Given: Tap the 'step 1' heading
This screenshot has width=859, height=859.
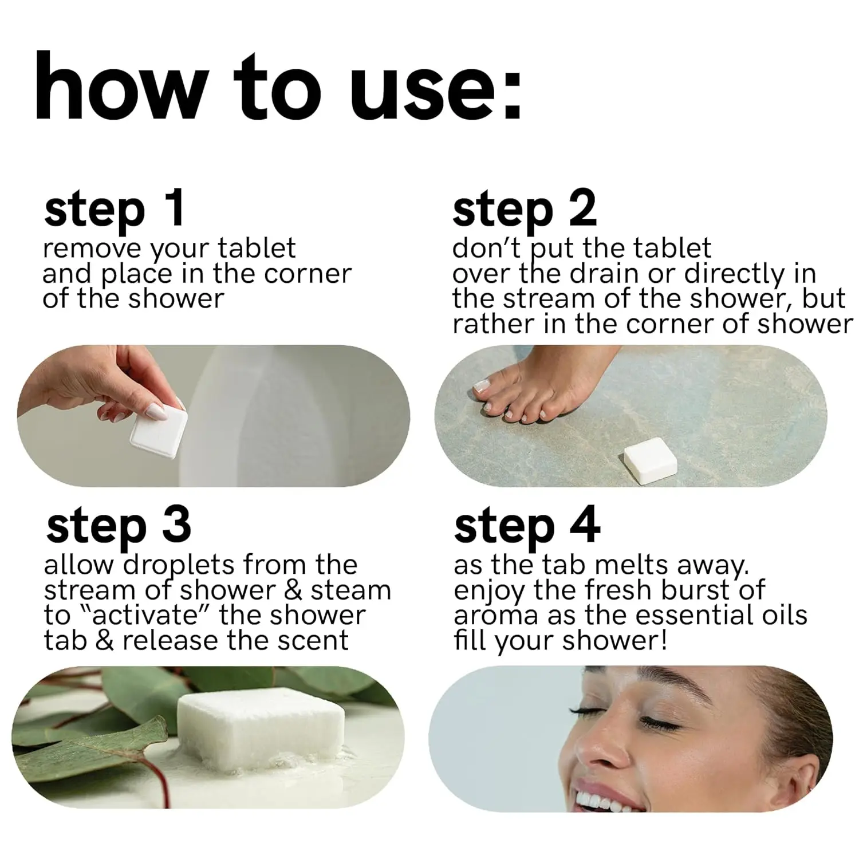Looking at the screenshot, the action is (x=115, y=210).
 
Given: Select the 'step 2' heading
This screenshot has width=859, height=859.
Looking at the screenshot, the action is (x=524, y=210).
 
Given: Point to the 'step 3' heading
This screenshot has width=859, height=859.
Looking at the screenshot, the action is (x=119, y=527).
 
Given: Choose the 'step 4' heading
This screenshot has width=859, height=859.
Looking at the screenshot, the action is (x=527, y=527).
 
